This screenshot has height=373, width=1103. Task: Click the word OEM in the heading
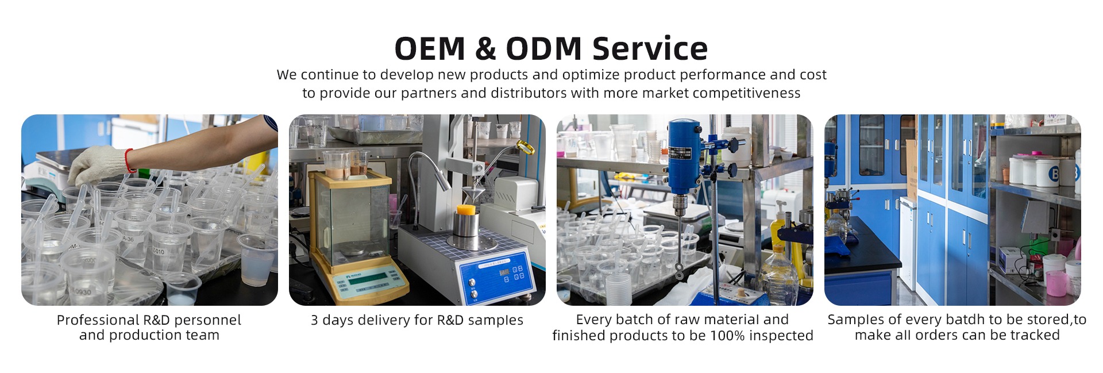tap(430, 48)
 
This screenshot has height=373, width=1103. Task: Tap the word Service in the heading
tap(650, 48)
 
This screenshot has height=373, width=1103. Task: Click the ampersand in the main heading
tap(485, 48)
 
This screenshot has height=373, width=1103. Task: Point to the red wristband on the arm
tap(130, 161)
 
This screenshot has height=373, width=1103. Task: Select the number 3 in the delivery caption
tap(314, 320)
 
